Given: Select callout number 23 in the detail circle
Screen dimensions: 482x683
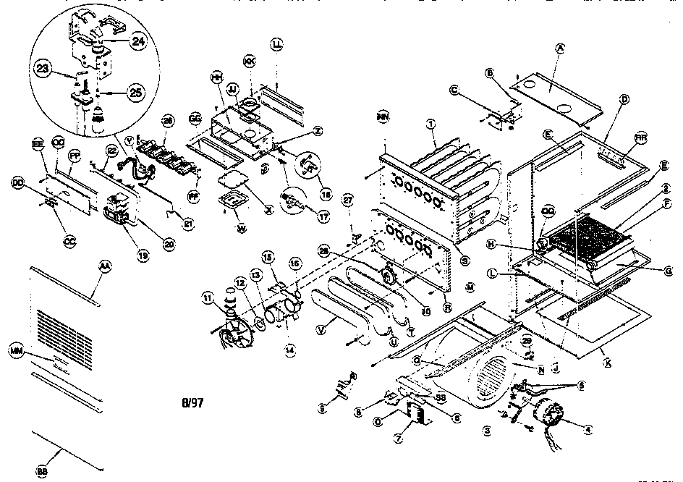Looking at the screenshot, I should tap(44, 69).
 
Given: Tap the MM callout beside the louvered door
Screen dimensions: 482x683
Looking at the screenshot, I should tap(15, 351).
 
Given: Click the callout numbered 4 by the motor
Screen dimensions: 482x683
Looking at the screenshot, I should tap(587, 429).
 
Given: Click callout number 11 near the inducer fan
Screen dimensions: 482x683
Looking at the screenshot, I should tap(207, 297).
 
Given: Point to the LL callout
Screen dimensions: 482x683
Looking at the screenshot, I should tap(277, 43).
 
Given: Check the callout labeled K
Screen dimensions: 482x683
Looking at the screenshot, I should tap(607, 359).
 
